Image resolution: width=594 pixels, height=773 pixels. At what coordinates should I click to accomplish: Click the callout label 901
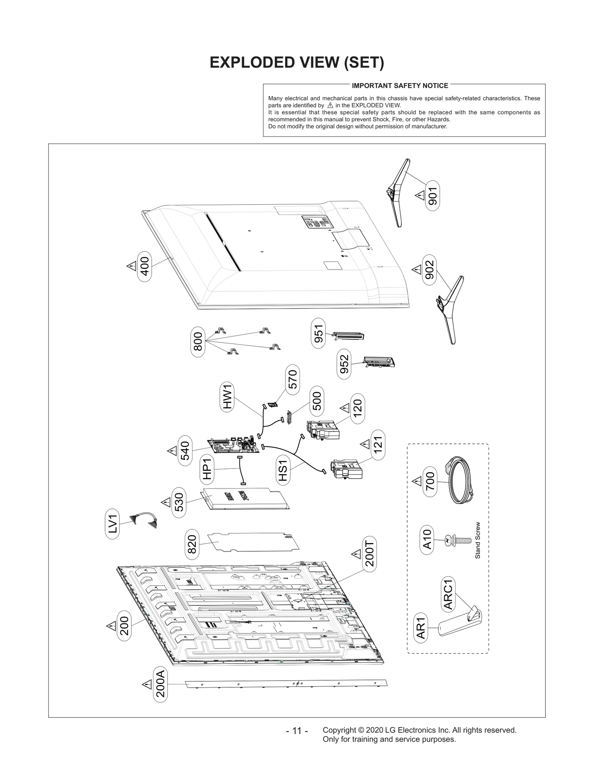(x=433, y=196)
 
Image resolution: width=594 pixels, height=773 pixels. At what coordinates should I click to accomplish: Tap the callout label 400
(x=145, y=266)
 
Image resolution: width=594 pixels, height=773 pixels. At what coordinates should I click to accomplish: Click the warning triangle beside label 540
(x=172, y=451)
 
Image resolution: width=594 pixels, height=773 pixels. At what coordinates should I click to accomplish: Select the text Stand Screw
(x=478, y=540)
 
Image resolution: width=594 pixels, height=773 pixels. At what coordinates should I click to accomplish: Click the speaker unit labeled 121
(x=346, y=469)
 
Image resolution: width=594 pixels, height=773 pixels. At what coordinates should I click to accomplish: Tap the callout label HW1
(x=228, y=397)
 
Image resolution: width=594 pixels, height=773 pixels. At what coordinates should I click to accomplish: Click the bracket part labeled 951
(x=348, y=336)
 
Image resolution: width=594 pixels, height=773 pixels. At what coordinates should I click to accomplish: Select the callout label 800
(x=198, y=342)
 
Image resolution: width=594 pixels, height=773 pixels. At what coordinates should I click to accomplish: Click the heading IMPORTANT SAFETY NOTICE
(x=400, y=86)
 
